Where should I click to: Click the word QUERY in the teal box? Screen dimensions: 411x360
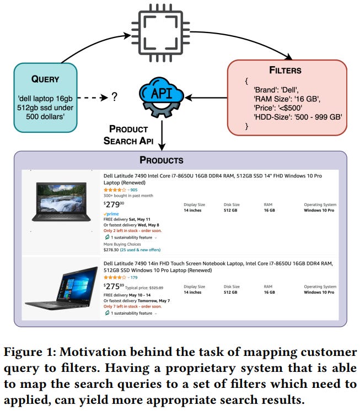coord(45,79)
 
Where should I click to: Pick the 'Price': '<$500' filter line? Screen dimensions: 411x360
coord(278,107)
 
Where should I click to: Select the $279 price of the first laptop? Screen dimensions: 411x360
coord(115,205)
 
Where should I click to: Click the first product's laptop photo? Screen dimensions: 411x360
coord(62,203)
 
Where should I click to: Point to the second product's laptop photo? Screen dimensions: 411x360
coord(62,287)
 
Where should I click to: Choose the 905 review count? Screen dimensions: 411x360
coord(134,190)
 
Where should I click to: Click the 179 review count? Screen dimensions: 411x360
coord(134,278)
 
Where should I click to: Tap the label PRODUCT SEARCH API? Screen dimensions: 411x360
coord(128,134)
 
